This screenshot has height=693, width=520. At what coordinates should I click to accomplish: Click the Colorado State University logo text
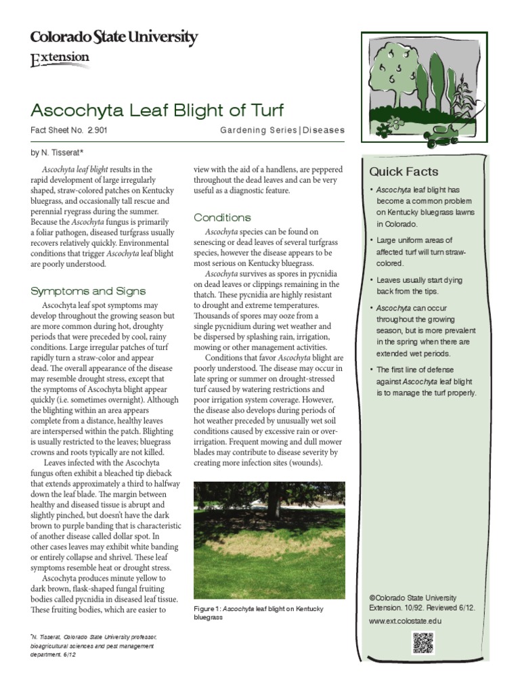[114, 38]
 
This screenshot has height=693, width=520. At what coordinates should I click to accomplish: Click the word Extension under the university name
[60, 59]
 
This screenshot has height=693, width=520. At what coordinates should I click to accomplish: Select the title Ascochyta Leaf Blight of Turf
[157, 110]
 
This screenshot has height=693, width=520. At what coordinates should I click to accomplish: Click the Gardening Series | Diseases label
[282, 130]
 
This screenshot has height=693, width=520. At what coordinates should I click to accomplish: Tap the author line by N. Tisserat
[58, 153]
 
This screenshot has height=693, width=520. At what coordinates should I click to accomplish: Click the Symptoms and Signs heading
[88, 291]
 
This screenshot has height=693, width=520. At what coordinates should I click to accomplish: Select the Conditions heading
[222, 217]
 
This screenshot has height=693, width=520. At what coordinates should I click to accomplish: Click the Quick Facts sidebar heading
[404, 172]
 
